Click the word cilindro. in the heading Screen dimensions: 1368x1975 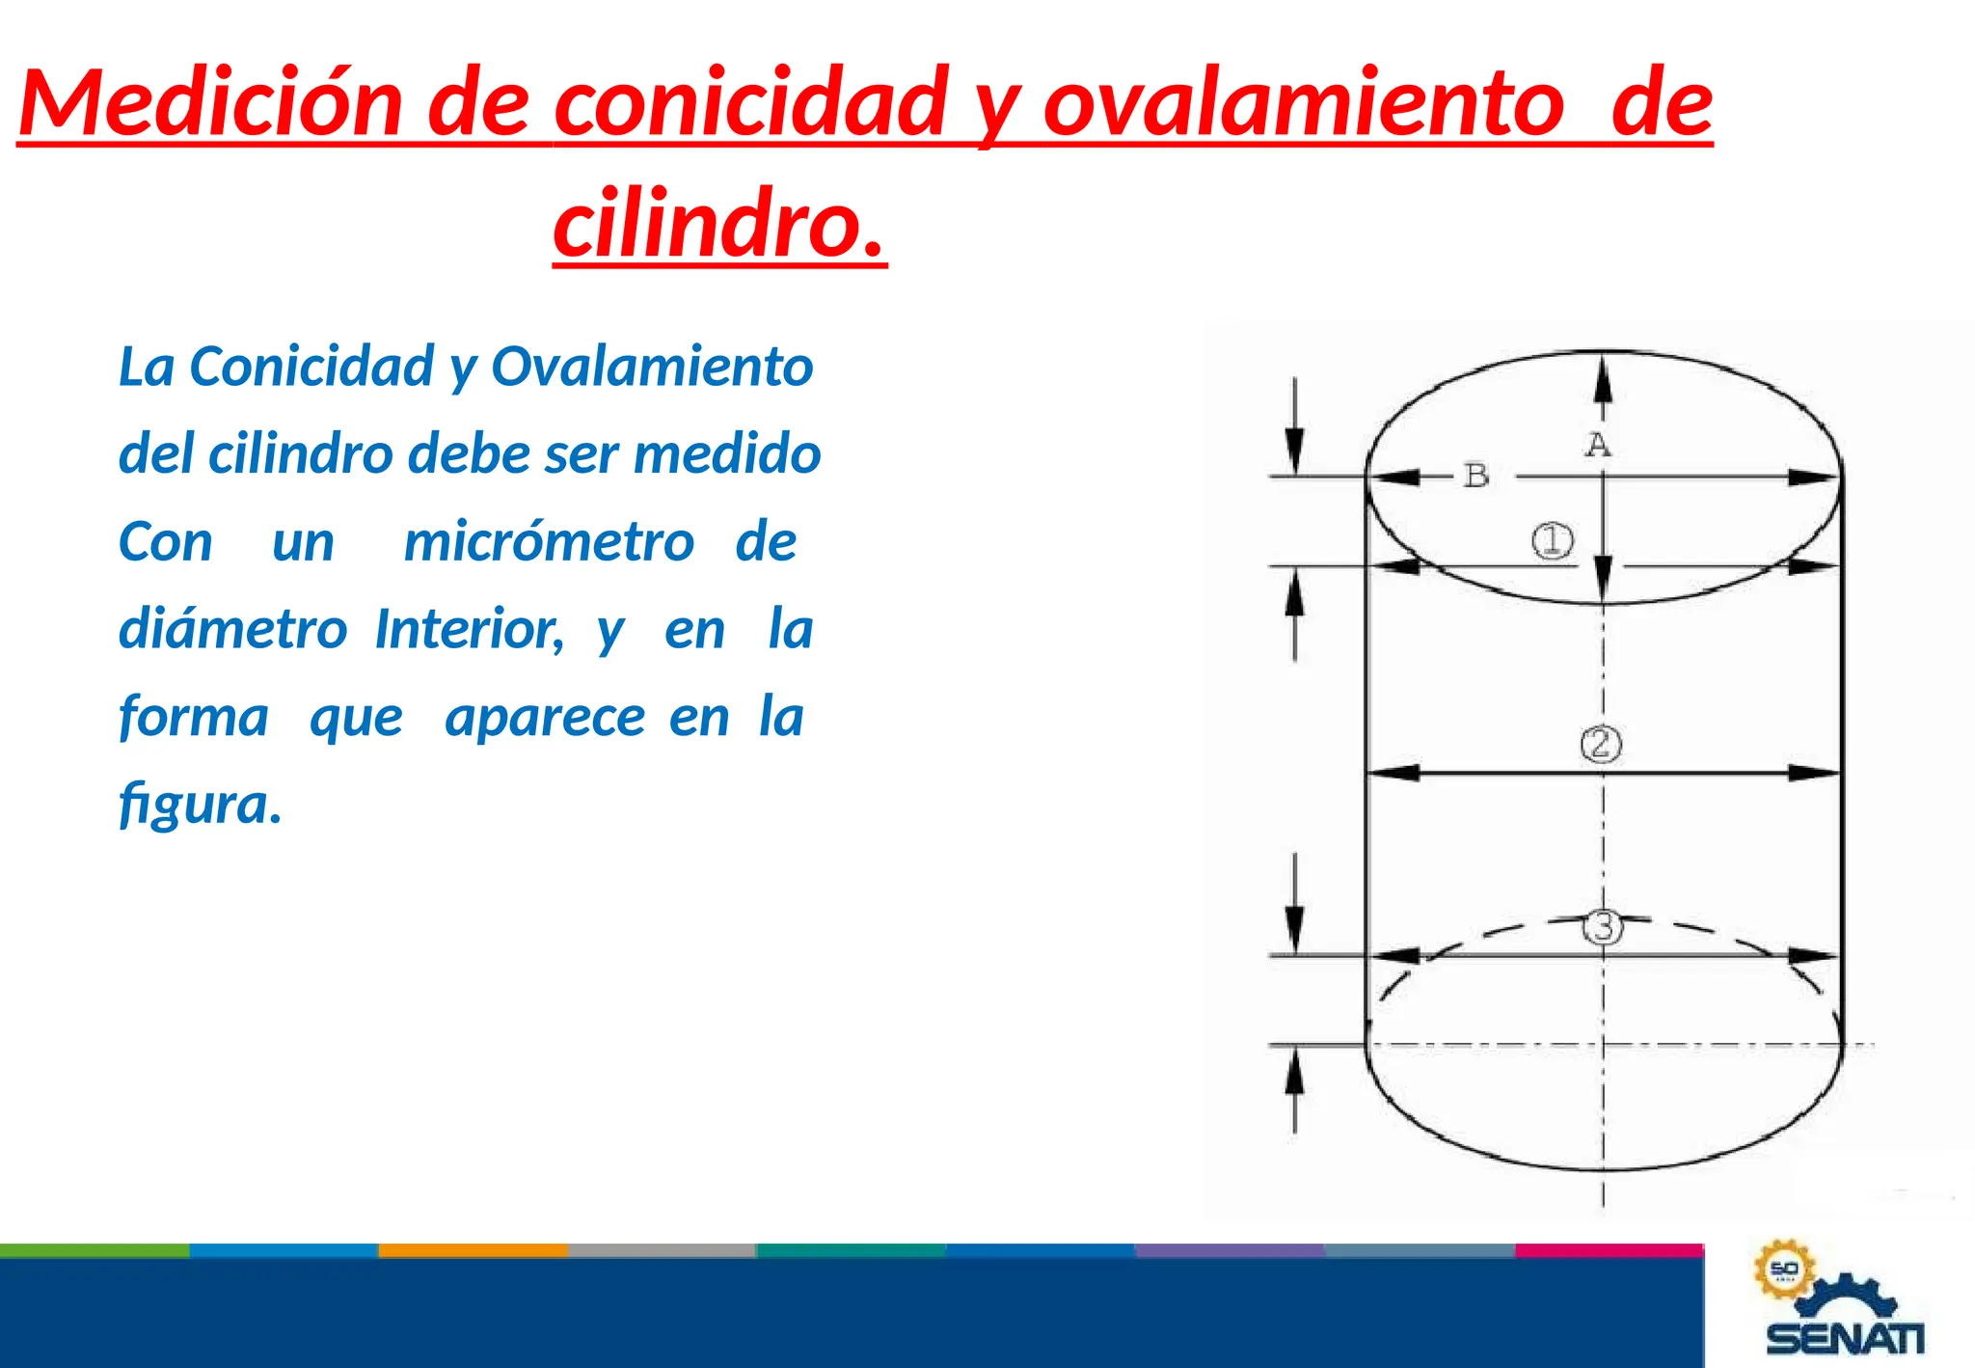tap(719, 224)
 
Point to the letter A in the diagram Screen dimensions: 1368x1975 tap(1598, 445)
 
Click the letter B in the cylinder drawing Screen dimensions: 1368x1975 tap(1476, 476)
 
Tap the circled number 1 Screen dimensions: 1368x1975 tap(1553, 540)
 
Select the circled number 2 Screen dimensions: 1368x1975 tap(1601, 744)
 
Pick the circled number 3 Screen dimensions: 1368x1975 tap(1603, 927)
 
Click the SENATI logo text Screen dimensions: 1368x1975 tap(1845, 1339)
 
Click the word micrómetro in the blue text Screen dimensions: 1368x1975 tap(549, 541)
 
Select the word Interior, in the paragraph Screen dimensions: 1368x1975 tap(470, 629)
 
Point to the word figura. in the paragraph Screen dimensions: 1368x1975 tap(201, 804)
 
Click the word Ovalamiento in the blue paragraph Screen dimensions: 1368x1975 tap(652, 367)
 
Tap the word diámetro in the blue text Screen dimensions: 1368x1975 tap(232, 629)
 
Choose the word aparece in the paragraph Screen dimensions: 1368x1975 tap(545, 717)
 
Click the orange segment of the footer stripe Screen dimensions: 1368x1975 tap(473, 1250)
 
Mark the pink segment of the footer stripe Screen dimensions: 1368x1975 tap(1609, 1250)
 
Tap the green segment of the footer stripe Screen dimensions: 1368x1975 tap(95, 1250)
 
